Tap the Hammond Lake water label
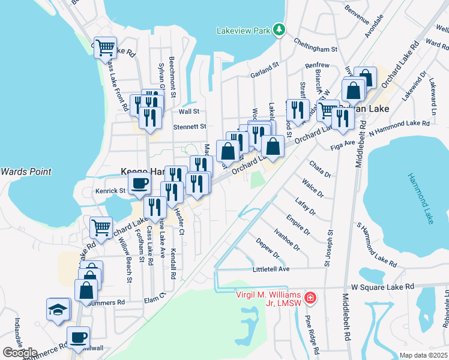coord(420,199)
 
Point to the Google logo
coord(20,353)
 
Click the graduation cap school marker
coord(58,310)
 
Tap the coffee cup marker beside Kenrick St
coord(139,184)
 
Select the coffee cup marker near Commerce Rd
coord(78,337)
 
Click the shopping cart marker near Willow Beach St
coord(101,227)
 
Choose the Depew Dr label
coord(267,250)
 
